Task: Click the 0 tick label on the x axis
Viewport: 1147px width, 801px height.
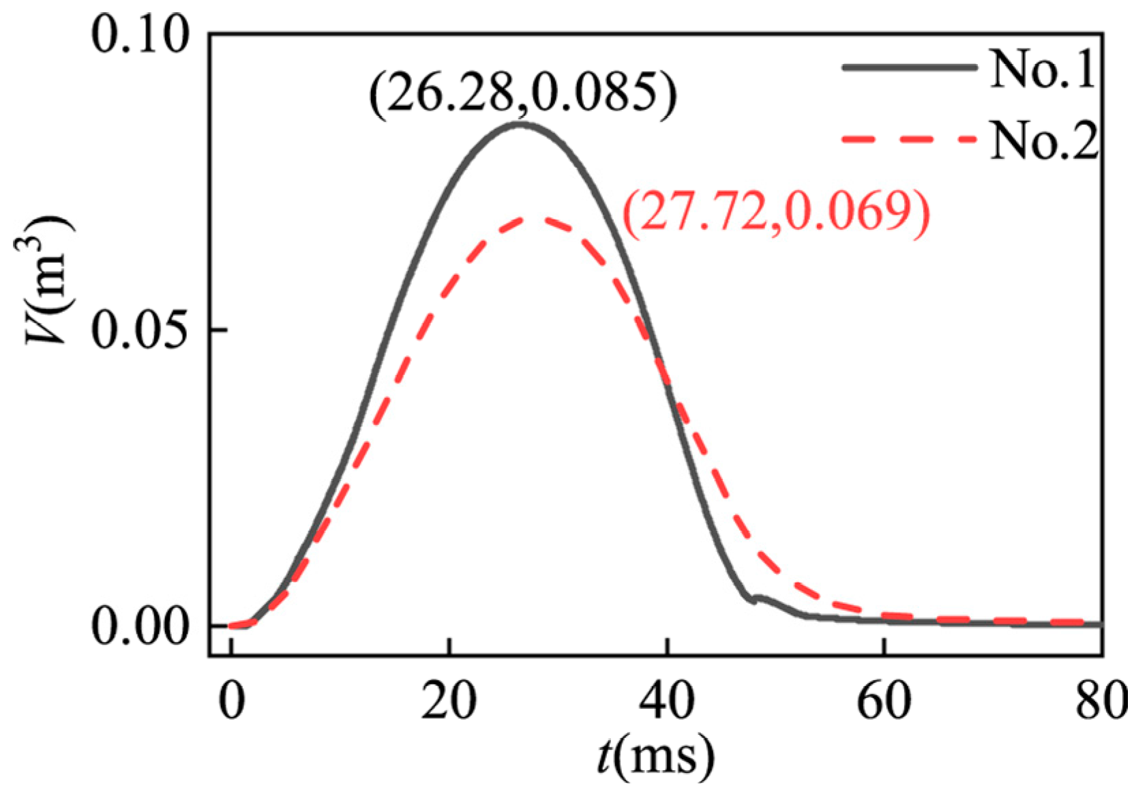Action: coord(232,703)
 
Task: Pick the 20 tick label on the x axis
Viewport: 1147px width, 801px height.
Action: coord(449,703)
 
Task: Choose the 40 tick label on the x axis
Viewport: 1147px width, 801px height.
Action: coord(666,703)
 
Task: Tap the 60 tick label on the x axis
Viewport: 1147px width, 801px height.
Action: coord(884,703)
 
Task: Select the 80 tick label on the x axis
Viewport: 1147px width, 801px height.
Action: coord(1099,703)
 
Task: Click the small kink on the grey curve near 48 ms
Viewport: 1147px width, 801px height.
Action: coord(754,600)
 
